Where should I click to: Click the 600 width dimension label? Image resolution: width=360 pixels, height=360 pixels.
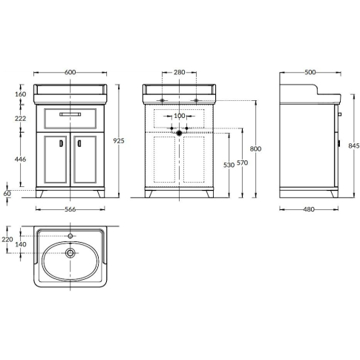click(x=70, y=72)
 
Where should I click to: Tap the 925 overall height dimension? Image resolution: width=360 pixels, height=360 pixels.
click(x=119, y=141)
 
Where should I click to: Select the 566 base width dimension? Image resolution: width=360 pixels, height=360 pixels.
click(x=70, y=209)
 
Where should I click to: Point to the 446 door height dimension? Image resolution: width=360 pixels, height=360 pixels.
click(x=20, y=159)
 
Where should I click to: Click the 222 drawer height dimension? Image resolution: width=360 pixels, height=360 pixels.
click(x=20, y=119)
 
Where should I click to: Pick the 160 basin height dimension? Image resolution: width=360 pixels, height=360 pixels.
click(x=20, y=94)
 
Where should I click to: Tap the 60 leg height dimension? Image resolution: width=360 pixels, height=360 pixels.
click(x=7, y=194)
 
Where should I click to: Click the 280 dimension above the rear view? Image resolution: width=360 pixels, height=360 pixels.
click(x=179, y=72)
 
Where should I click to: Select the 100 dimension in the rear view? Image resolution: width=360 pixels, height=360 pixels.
click(x=180, y=116)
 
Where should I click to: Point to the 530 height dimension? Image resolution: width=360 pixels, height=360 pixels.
click(x=229, y=165)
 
